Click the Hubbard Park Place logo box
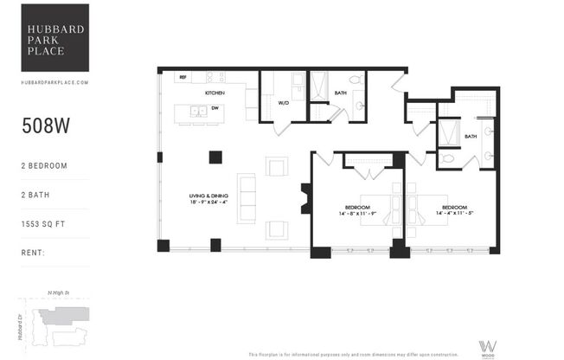coord(55,37)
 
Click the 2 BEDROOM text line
coord(45,164)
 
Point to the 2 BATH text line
coord(37,195)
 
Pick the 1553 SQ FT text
coord(44,225)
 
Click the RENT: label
coord(35,254)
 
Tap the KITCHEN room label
coord(215,92)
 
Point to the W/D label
coord(284,103)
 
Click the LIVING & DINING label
coord(208,196)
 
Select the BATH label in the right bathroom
coord(471,136)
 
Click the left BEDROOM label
coord(357,208)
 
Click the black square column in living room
coord(215,157)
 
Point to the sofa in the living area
coord(247,198)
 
